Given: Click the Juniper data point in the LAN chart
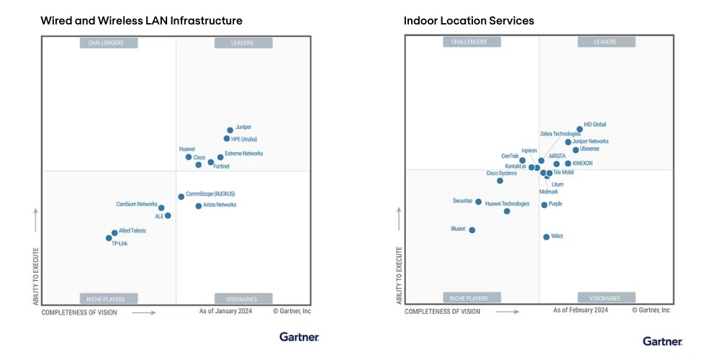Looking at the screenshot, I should point(230,130).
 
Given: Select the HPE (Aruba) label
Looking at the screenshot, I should point(245,139).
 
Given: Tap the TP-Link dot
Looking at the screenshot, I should point(109,238).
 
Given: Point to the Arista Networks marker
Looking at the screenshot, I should point(199,206).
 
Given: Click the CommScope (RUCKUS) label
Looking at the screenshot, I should point(210,194).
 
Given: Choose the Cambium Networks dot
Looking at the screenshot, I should point(161,208).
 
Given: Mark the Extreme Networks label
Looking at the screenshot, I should point(244,153).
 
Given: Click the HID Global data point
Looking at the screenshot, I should point(580,130).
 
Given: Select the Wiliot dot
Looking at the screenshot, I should point(546,237).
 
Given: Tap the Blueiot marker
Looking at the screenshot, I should point(472,230).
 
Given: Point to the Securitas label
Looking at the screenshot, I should point(462,201).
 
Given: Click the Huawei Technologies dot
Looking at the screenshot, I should point(507,212).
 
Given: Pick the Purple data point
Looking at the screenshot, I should point(544,205).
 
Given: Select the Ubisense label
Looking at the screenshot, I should point(590,149).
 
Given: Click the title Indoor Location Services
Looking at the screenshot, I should point(469,21).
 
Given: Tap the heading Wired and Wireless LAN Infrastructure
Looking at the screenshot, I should point(141,21).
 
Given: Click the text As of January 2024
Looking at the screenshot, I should point(226,311).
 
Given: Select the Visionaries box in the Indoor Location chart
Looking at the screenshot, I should point(606,298).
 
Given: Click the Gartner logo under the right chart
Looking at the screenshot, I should point(662,341).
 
